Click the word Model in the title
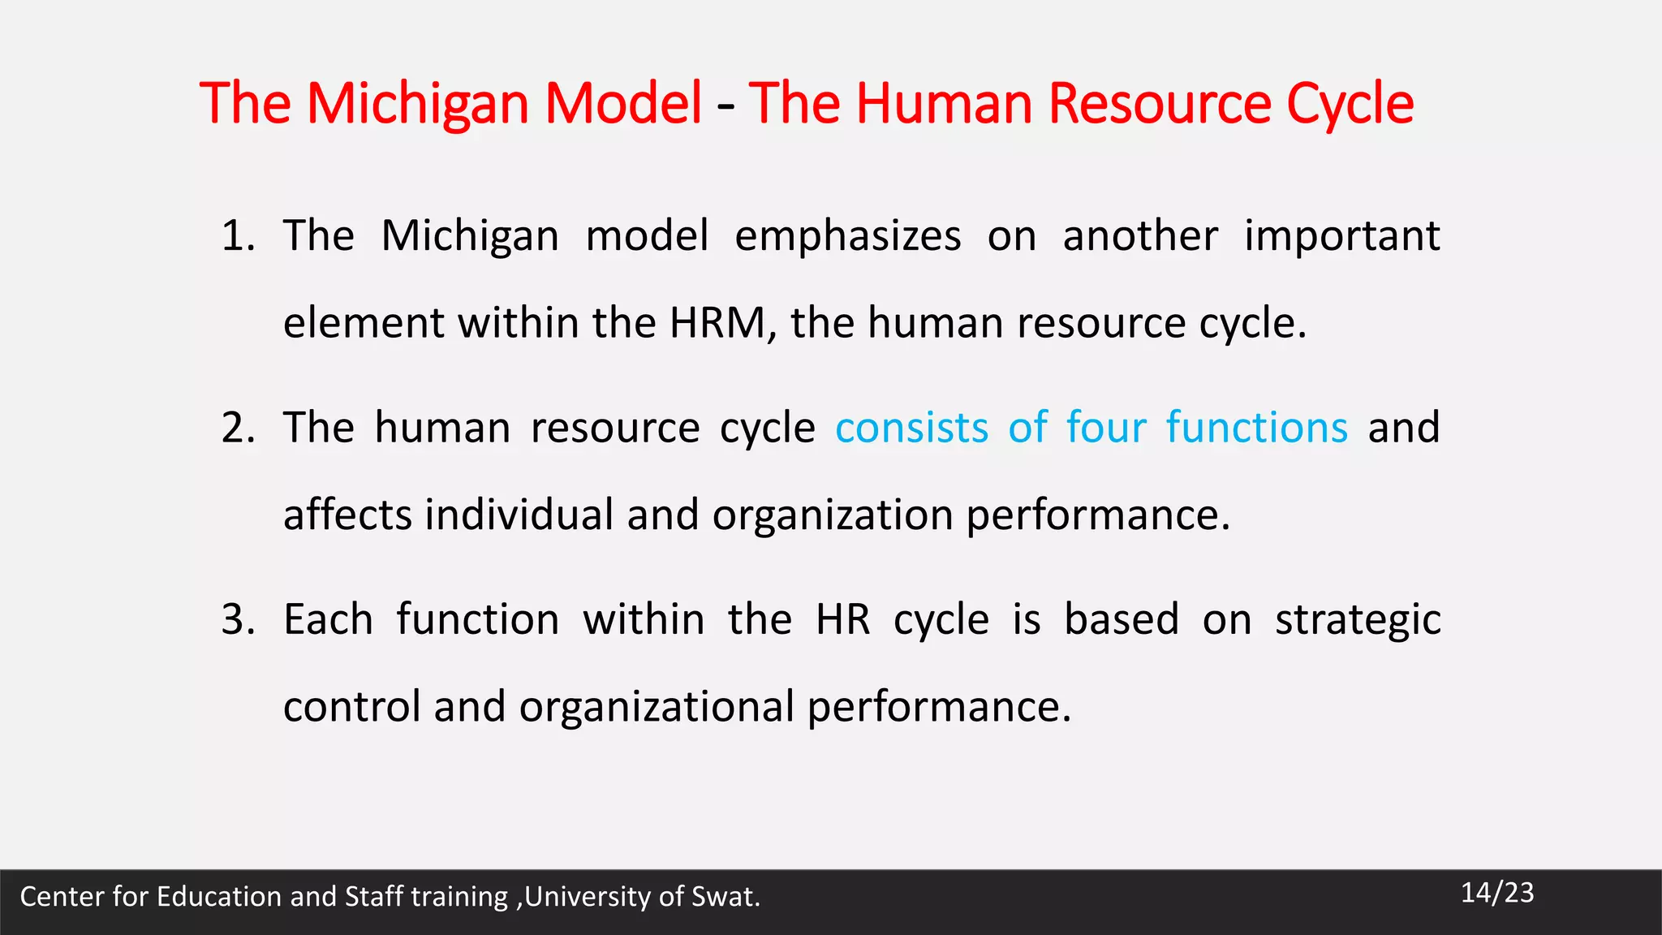point(622,103)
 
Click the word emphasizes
point(848,236)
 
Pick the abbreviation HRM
point(718,322)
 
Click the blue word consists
point(912,428)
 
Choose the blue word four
point(1106,428)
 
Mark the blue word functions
point(1257,428)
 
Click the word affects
point(347,515)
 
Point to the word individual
point(519,515)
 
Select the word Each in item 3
point(328,620)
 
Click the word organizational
point(657,707)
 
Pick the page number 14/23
point(1497,893)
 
